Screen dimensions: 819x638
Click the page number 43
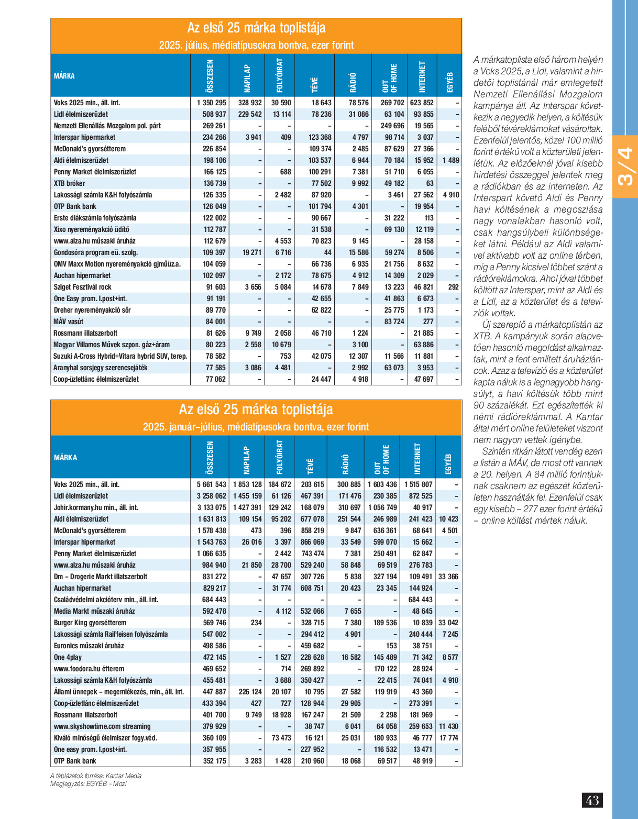click(592, 800)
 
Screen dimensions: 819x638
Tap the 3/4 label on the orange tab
click(625, 167)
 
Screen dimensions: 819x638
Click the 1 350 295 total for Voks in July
click(211, 103)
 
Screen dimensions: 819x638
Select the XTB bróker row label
click(69, 183)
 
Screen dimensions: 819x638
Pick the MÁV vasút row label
click(68, 322)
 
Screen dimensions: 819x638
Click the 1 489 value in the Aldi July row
click(450, 160)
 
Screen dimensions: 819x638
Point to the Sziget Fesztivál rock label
click(82, 287)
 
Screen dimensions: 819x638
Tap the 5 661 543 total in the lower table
click(211, 485)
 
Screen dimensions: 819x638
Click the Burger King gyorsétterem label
click(90, 623)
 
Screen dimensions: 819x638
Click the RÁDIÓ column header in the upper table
click(353, 82)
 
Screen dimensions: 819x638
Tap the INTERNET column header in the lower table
click(417, 458)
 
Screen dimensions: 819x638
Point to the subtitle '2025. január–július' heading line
click(256, 427)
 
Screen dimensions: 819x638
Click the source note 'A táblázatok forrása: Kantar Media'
click(96, 776)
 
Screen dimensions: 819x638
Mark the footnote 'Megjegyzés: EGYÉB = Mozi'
click(88, 784)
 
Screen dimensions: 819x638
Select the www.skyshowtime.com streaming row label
click(102, 726)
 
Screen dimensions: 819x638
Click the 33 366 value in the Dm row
click(448, 577)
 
